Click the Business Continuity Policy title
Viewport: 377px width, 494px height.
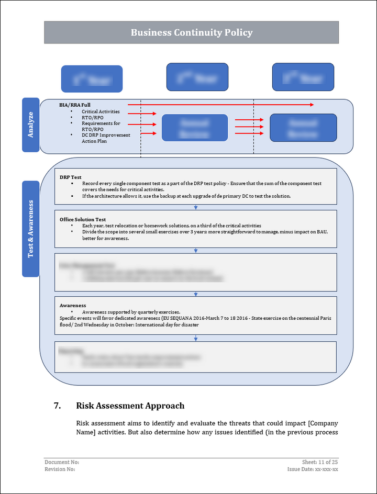coord(191,32)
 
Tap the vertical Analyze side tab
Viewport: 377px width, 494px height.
coord(30,125)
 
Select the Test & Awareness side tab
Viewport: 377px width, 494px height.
coord(30,229)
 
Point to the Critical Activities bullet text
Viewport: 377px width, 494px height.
coord(101,111)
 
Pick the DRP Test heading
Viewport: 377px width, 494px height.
coord(71,177)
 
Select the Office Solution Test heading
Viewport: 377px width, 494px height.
coord(83,219)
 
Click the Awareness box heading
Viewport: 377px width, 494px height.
coord(73,305)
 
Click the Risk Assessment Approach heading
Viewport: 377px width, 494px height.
coord(130,406)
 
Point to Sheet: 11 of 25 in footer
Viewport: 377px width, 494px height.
coord(320,462)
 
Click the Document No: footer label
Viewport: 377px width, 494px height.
coord(62,462)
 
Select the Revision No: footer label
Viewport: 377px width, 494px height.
coord(60,469)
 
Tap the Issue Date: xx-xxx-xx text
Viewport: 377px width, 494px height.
coord(313,469)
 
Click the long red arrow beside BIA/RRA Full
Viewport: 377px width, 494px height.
coord(220,105)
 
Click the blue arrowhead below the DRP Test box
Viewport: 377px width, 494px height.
coord(196,208)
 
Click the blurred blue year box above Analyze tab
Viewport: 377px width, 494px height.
coord(92,78)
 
